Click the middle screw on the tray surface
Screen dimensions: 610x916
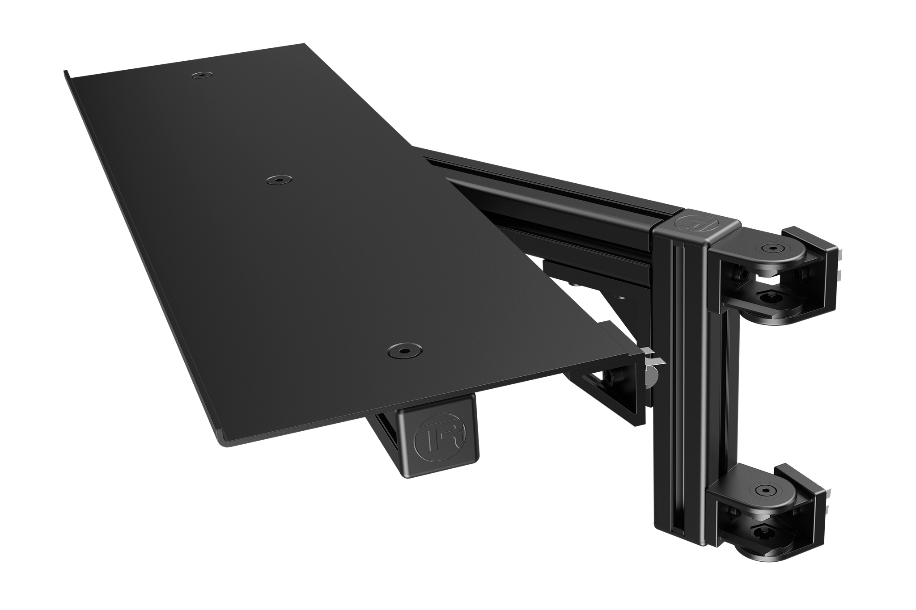click(x=277, y=180)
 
